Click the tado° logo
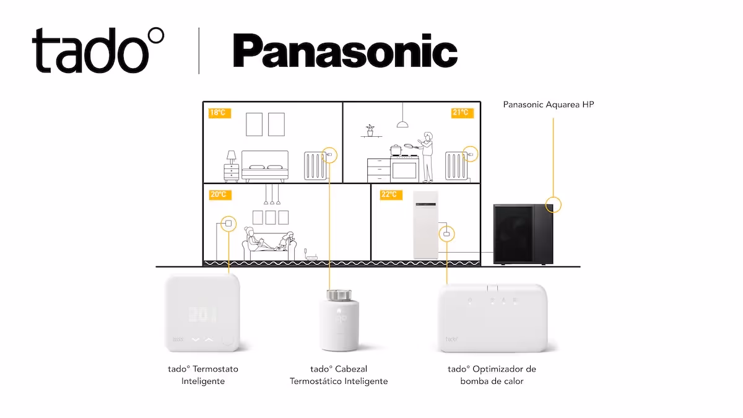[x=98, y=51]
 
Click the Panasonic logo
[x=345, y=51]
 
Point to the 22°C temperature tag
[x=388, y=194]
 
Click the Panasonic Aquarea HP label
[x=549, y=105]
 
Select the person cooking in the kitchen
[x=427, y=157]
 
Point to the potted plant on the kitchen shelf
[x=370, y=131]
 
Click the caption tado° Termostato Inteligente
[x=203, y=375]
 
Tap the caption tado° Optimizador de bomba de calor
[x=492, y=375]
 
